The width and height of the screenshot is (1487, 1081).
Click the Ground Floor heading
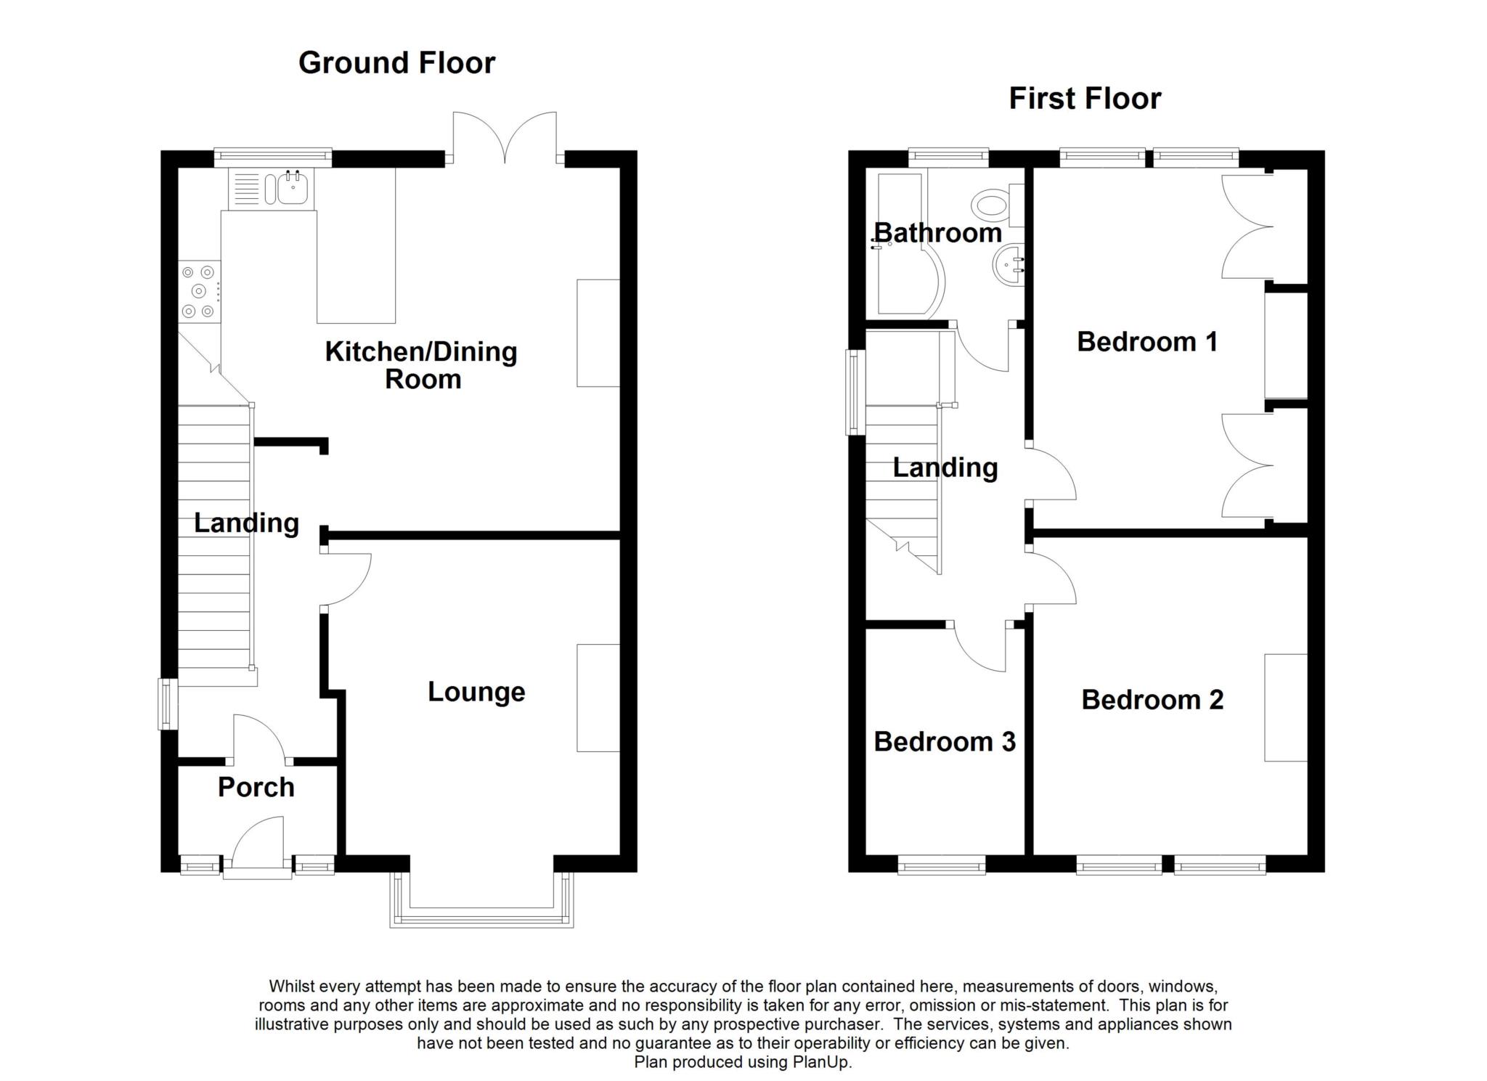point(396,63)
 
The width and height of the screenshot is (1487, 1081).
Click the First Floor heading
point(1085,99)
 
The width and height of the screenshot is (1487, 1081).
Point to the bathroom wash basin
point(1009,266)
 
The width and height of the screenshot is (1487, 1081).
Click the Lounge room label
point(476,692)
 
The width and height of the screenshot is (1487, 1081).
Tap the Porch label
point(256,788)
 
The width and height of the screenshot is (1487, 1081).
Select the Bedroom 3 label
point(945,742)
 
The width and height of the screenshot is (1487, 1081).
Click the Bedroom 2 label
point(1152,700)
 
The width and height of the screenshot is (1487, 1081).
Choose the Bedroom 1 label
point(1147,342)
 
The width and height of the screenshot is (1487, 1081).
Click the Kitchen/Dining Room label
point(421,365)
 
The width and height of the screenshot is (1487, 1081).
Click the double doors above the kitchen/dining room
point(505,138)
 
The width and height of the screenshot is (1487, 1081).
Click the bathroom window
point(949,155)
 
